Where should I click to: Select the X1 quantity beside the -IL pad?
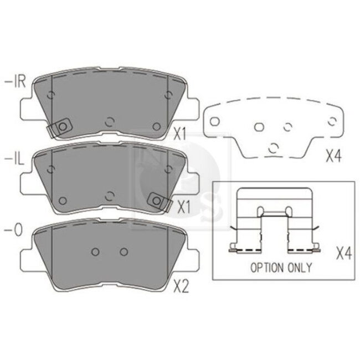(x=183, y=207)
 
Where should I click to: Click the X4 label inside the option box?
(x=344, y=254)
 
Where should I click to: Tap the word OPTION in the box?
(x=269, y=268)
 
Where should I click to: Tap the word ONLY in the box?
(x=300, y=268)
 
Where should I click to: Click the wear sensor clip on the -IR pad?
(x=61, y=127)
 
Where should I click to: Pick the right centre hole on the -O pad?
(x=123, y=251)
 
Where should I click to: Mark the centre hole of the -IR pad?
(x=109, y=121)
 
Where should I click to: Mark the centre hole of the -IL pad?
(x=109, y=194)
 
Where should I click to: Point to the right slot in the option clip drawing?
(x=288, y=210)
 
